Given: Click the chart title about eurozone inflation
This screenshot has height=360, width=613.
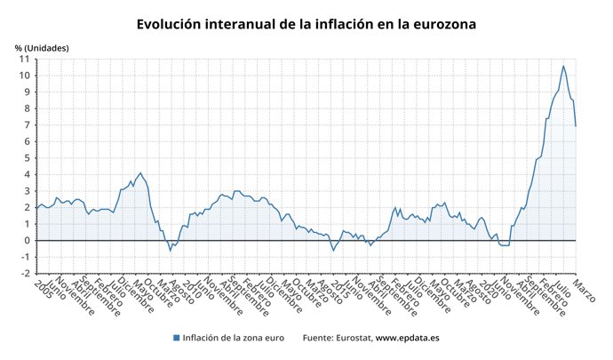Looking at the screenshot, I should point(306,24).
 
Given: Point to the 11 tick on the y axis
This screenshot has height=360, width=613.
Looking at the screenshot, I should point(24,59).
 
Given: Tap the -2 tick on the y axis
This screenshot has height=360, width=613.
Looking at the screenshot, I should point(24,273).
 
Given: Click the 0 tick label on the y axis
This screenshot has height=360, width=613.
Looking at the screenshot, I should point(27,240).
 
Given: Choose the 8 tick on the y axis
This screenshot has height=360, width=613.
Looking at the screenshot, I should point(27,108).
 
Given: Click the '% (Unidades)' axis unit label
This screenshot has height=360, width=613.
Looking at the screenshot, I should point(41,47).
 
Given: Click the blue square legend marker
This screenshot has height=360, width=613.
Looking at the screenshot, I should point(177,339).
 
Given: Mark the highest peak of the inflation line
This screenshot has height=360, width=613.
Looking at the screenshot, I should point(562,66).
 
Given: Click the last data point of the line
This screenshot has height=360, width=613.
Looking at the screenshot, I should point(576,125).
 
